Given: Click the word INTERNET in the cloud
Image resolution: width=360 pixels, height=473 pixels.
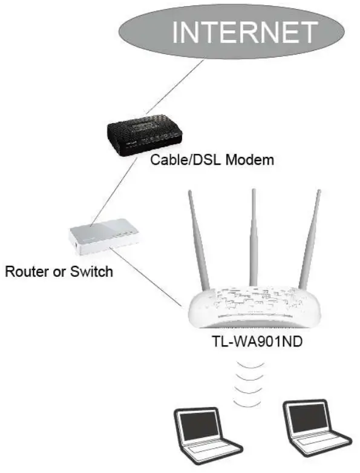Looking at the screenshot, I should pos(244,31).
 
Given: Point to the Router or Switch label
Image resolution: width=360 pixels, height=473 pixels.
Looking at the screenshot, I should pos(59,271).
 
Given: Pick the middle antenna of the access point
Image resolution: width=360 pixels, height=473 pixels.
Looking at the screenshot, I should pos(252,236).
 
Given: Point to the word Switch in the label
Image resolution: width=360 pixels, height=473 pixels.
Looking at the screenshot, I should pos(91,271).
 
